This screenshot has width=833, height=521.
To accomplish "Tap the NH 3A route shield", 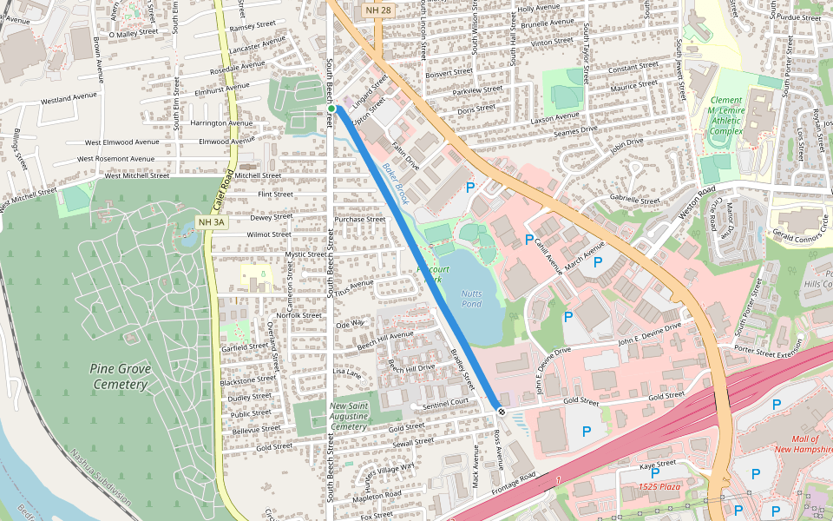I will point(211,222).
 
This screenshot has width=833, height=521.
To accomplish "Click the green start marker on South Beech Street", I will point(331,108).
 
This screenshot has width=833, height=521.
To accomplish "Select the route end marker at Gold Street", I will point(501,410).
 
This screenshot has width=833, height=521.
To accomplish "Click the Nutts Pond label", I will point(471,299).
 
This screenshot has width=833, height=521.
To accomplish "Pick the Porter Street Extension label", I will point(771,350).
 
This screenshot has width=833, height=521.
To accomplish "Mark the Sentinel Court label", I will point(445,402).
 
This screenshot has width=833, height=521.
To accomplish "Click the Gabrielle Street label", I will point(635,200).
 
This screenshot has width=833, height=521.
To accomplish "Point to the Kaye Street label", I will point(658,466).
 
